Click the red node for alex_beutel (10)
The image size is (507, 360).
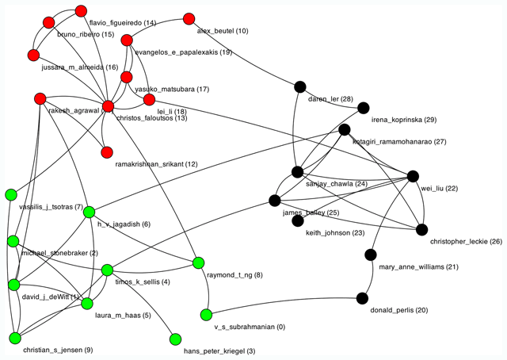[x=189, y=18]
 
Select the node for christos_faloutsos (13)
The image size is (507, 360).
[x=109, y=106]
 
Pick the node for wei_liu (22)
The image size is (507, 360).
[x=412, y=176]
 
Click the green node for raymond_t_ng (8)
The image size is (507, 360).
[x=198, y=262]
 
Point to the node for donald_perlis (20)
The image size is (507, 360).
[x=362, y=298]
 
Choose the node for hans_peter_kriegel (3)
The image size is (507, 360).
[x=175, y=339]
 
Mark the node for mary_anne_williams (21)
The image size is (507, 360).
[x=370, y=255]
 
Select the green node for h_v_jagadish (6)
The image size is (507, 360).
[x=90, y=212]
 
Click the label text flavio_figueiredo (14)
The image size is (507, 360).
[x=122, y=23]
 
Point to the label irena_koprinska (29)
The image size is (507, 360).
[x=403, y=121]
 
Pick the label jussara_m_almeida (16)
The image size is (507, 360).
[x=79, y=68]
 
